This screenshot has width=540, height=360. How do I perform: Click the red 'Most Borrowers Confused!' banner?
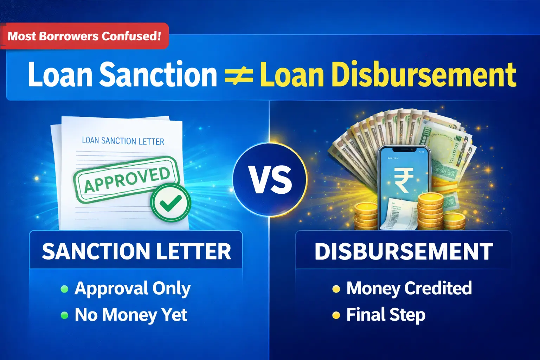click(84, 36)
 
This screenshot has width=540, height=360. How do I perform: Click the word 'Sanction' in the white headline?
click(158, 75)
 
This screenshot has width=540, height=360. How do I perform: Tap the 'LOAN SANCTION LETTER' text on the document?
click(123, 141)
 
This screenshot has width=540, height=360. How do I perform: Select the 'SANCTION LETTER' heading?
click(136, 251)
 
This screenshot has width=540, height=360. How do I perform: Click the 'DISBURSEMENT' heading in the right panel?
click(404, 251)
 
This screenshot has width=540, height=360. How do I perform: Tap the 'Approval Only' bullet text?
click(133, 289)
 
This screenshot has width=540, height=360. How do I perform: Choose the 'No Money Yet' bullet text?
click(131, 315)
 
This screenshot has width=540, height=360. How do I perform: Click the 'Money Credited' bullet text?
click(409, 288)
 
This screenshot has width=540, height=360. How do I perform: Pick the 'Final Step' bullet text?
click(386, 315)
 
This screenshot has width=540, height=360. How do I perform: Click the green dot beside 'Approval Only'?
click(64, 289)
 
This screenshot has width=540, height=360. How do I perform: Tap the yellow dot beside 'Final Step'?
click(336, 315)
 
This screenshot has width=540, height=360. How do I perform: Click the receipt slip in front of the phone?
click(399, 214)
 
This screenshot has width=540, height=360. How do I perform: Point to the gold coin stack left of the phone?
click(366, 216)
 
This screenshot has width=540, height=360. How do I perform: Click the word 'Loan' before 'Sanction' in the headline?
click(60, 75)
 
